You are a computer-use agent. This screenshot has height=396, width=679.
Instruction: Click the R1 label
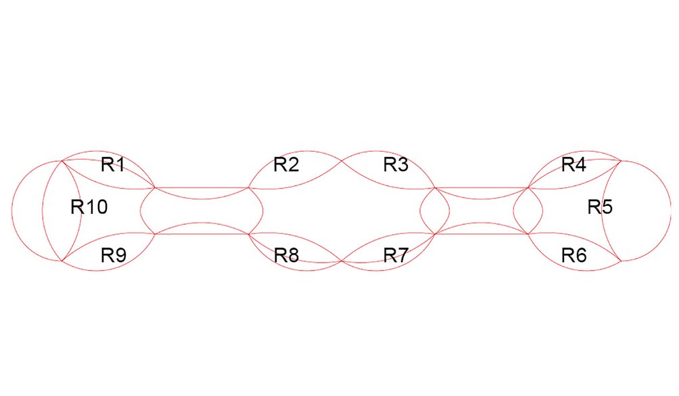(x=112, y=164)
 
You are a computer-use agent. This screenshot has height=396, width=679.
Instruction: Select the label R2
(x=286, y=164)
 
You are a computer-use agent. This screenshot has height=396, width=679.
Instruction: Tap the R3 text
(x=396, y=164)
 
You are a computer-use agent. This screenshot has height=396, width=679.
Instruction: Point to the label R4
(x=573, y=164)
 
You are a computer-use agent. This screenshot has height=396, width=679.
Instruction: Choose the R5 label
(x=599, y=207)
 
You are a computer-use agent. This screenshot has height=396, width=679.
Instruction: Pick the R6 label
(x=573, y=255)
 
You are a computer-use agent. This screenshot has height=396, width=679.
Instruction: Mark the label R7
(x=396, y=255)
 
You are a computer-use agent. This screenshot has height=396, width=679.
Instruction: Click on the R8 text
(x=286, y=255)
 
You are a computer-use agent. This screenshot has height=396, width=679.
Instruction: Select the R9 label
(x=112, y=255)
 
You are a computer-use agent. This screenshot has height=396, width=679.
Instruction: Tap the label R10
(x=89, y=207)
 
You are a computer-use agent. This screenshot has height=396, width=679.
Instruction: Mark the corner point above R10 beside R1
(x=62, y=160)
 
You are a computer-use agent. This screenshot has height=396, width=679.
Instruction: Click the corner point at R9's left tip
(x=62, y=261)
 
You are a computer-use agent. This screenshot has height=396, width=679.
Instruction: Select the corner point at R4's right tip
(x=621, y=160)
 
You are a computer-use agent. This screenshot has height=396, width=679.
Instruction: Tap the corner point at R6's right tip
(x=621, y=261)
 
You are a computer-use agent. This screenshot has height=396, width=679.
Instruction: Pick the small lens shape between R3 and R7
(x=435, y=211)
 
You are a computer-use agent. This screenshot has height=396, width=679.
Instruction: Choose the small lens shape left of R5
(x=528, y=211)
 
